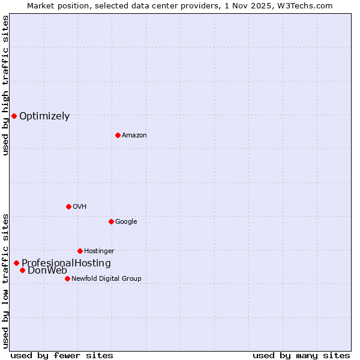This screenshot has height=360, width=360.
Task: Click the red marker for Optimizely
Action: tap(14, 116)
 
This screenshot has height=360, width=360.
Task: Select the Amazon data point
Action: tap(118, 135)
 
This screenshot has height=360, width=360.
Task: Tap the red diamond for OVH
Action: tap(68, 206)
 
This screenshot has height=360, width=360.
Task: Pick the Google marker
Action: tap(111, 221)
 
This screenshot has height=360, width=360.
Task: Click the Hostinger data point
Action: tap(80, 251)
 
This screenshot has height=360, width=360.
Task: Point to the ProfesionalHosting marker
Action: tap(16, 263)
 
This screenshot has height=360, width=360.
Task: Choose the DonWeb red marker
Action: tap(22, 270)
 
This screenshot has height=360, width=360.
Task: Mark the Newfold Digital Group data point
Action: tap(67, 278)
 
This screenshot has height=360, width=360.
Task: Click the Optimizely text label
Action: tap(44, 116)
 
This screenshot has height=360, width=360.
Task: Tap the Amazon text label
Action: tap(134, 136)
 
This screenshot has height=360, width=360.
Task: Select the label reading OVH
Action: tap(80, 207)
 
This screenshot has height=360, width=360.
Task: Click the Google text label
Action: tap(126, 222)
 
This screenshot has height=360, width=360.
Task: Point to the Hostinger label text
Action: tap(99, 251)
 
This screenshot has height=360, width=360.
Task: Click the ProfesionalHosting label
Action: tap(66, 263)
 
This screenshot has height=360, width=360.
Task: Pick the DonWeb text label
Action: tap(47, 271)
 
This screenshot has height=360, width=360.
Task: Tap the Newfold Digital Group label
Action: tap(106, 279)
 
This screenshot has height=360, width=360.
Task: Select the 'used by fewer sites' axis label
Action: tap(62, 356)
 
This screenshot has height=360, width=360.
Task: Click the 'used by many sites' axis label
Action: tap(301, 356)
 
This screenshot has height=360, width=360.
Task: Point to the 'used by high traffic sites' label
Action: tap(6, 85)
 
